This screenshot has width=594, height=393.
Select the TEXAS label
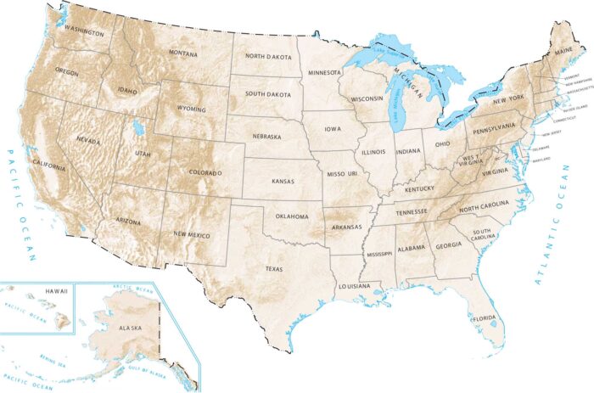click(273, 268)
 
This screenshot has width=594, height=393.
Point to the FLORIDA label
click(484, 318)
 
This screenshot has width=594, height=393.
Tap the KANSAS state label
click(283, 181)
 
